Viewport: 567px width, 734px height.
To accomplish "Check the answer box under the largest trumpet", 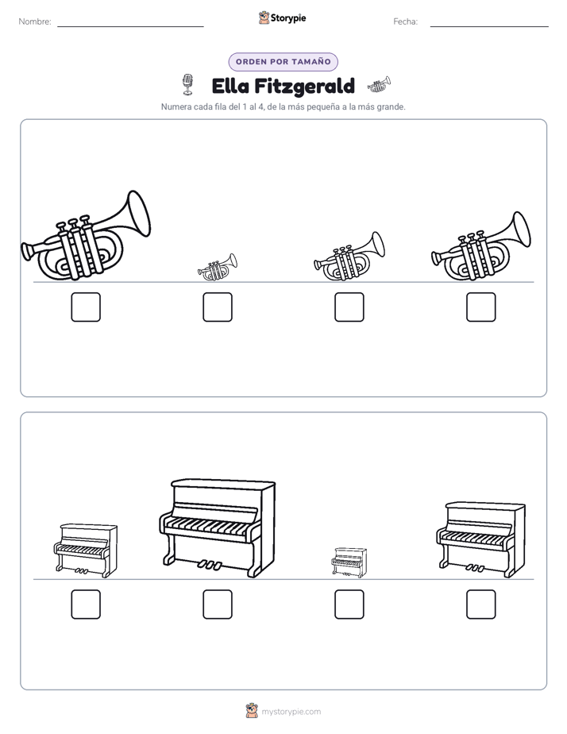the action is [86, 307].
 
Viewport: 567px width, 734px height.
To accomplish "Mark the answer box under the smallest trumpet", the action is [218, 307].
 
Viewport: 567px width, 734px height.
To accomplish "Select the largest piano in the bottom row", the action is [217, 527].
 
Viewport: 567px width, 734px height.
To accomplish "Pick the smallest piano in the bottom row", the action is [349, 562].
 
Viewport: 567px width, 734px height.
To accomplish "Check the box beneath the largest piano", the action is [218, 605].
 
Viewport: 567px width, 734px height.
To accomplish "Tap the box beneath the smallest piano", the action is [349, 605].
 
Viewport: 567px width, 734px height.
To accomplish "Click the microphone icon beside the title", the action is [187, 84].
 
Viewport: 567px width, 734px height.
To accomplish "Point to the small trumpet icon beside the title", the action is [379, 84].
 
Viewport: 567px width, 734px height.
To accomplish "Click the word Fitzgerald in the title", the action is [305, 87].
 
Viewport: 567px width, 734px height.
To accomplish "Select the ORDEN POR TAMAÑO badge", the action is [283, 62].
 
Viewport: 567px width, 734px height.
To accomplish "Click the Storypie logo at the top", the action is [282, 17].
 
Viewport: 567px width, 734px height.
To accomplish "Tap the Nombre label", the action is [35, 21].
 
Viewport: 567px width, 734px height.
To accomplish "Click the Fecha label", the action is [405, 21].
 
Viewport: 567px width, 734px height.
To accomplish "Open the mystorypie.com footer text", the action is [291, 712].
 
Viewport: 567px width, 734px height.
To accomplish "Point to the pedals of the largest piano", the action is [209, 565].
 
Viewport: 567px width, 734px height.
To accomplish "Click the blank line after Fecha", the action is [489, 26].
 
